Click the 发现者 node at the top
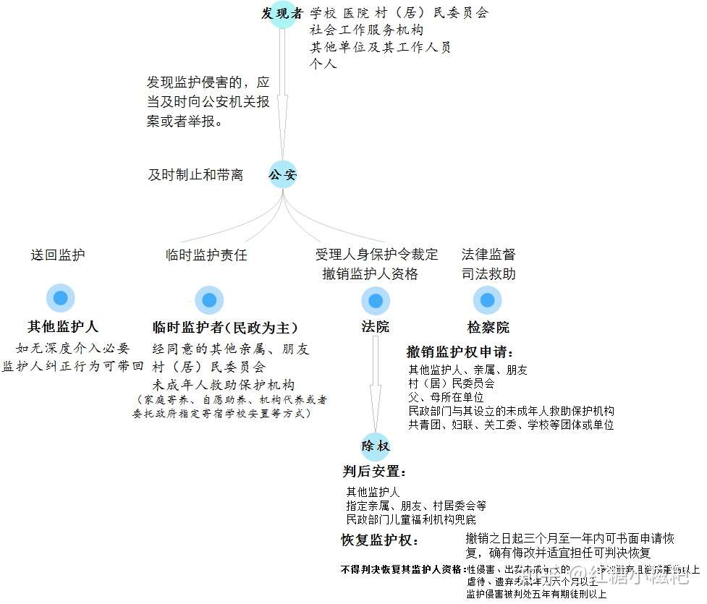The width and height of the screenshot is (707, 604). pyautogui.click(x=282, y=14)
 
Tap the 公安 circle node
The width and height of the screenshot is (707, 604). pyautogui.click(x=283, y=175)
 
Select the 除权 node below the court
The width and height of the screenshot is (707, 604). pyautogui.click(x=376, y=446)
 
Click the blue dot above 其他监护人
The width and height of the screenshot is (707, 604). pyautogui.click(x=61, y=298)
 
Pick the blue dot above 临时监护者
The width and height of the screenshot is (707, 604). pyautogui.click(x=209, y=300)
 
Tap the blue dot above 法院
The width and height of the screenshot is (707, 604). pyautogui.click(x=375, y=300)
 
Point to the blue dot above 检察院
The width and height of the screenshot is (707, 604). pyautogui.click(x=487, y=299)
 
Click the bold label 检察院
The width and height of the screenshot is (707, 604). pyautogui.click(x=488, y=328)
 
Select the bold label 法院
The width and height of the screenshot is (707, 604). pyautogui.click(x=376, y=327)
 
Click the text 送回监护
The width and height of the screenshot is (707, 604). pyautogui.click(x=58, y=255)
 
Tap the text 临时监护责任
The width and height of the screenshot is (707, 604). pyautogui.click(x=206, y=255)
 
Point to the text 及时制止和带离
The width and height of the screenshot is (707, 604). pyautogui.click(x=195, y=175)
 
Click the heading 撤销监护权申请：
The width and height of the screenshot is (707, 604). pyautogui.click(x=460, y=352)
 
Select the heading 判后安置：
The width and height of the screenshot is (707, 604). pyautogui.click(x=374, y=472)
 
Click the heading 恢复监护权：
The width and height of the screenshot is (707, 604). pyautogui.click(x=379, y=540)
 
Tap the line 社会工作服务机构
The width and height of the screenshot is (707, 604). pyautogui.click(x=367, y=30)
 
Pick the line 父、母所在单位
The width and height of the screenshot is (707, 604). pyautogui.click(x=446, y=397)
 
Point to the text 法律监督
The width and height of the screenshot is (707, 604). pyautogui.click(x=488, y=255)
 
